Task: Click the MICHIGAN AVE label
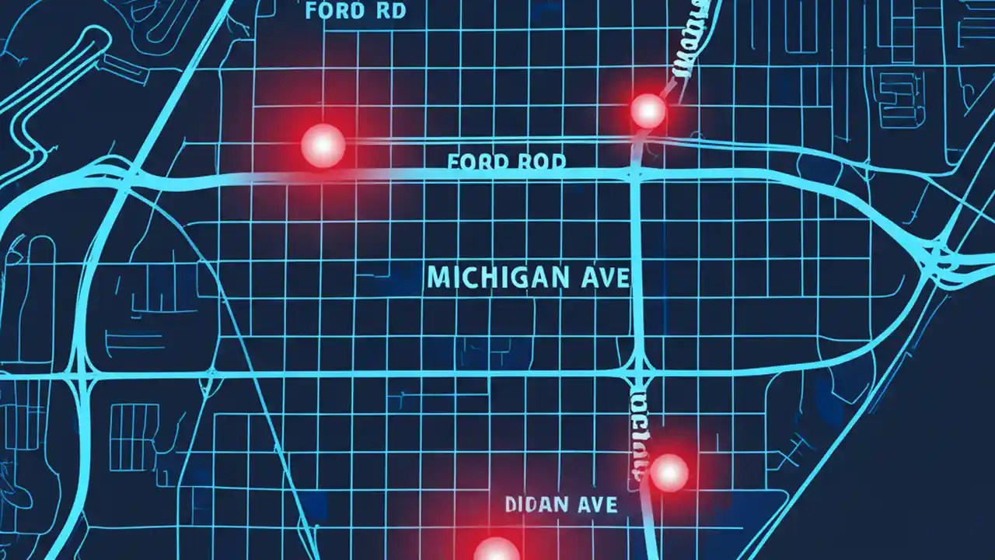point(528,278)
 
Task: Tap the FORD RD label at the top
point(355,12)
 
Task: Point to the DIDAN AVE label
point(561,505)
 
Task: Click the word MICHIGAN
point(497,278)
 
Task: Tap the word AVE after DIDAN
point(597,505)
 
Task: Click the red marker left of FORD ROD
point(323,145)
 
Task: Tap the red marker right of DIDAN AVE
point(669,472)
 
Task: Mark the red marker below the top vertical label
point(648,110)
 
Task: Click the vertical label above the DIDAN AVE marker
point(637,432)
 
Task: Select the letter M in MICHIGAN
point(437,278)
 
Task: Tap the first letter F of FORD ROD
point(454,162)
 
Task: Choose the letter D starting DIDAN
point(511,505)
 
